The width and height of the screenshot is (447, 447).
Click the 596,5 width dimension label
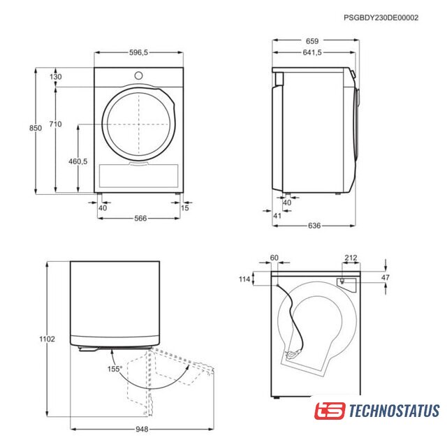tap(138, 52)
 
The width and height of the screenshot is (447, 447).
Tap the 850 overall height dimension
tap(36, 128)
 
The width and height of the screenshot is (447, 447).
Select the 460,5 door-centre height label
tap(78, 161)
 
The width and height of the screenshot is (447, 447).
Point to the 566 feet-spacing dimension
tap(140, 218)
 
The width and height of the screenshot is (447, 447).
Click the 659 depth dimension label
tap(312, 41)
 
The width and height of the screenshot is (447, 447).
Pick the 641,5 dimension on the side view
tap(312, 52)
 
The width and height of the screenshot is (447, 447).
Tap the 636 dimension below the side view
tap(314, 226)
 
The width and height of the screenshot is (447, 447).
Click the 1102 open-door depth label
tap(47, 339)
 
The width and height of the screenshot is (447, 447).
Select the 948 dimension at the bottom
tap(142, 429)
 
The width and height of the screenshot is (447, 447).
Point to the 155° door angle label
tap(115, 369)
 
